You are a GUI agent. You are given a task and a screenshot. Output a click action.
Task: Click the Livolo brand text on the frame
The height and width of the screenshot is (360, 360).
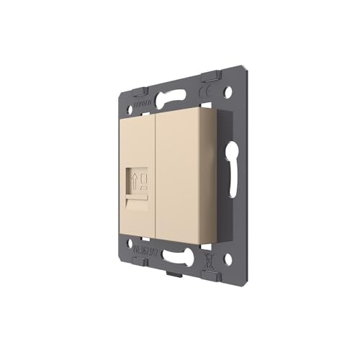click(x=137, y=106)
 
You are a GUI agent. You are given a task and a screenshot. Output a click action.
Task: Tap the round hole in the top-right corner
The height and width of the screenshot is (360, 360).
click(x=229, y=93)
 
